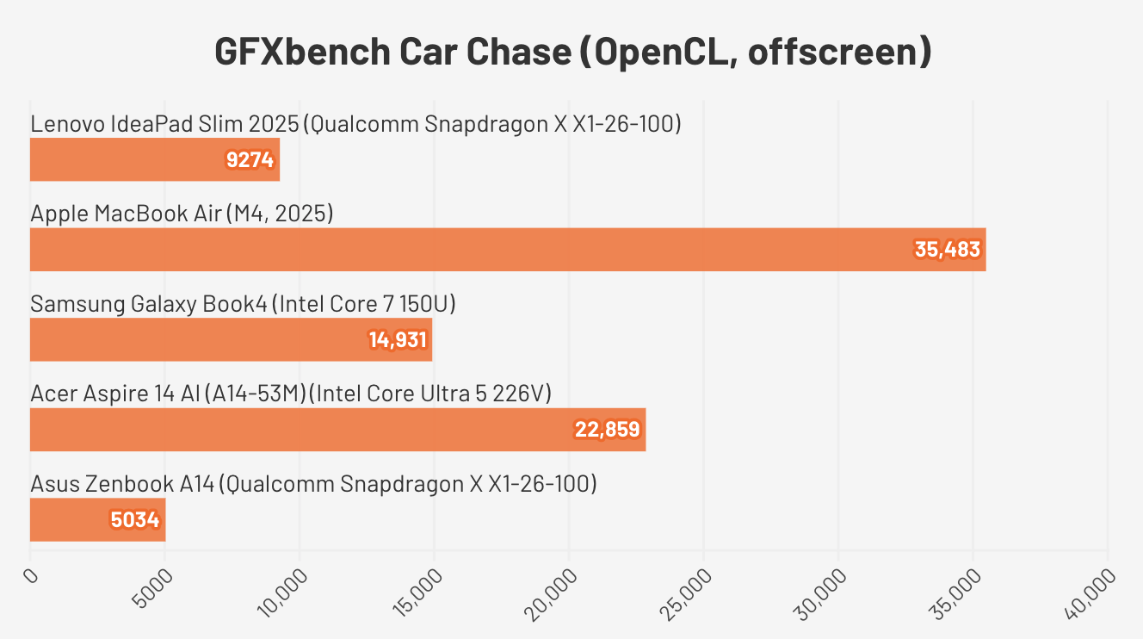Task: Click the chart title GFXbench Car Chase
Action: [571, 52]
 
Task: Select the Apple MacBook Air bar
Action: [508, 250]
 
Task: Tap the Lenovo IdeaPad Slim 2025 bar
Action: [155, 160]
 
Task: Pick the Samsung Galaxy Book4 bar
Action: [231, 339]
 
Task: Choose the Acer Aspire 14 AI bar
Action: [337, 430]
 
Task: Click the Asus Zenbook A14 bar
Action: [97, 520]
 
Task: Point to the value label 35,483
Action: [947, 250]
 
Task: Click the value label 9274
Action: [250, 160]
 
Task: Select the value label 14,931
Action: [398, 339]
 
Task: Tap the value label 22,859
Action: [609, 430]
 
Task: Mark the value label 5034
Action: [135, 520]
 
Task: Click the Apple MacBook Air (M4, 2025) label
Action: [182, 213]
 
